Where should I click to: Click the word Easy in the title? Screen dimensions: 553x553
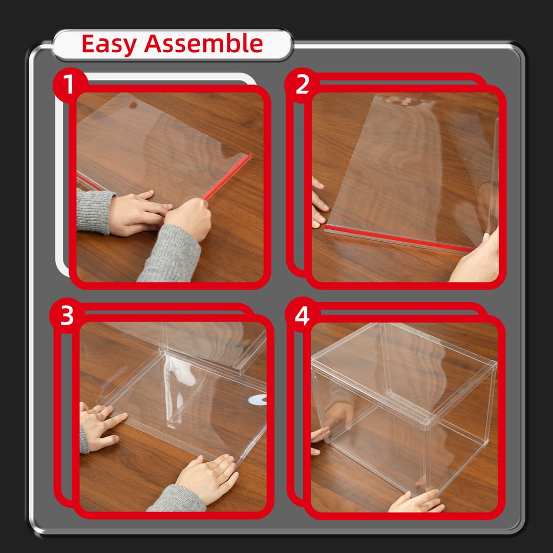coord(109,44)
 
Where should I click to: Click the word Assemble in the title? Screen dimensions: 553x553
coord(203,44)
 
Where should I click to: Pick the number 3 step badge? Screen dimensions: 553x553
coord(67,316)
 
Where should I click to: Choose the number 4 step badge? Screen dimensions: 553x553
coord(302,316)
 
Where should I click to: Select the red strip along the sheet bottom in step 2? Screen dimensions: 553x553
coord(399,238)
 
